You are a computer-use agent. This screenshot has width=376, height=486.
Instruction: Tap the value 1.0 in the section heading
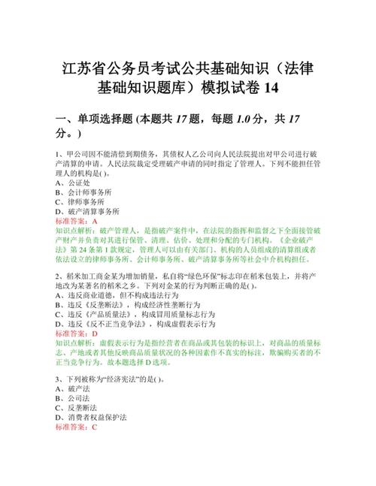(221, 119)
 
